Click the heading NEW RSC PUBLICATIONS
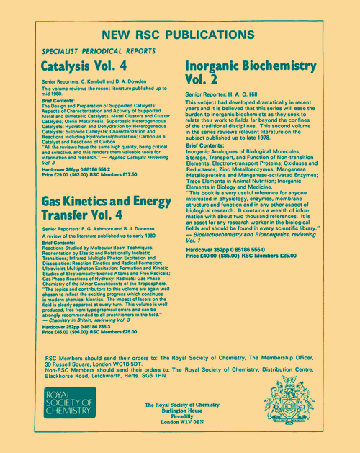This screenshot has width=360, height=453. tap(180, 35)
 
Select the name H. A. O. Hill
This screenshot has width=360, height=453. tap(255, 94)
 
